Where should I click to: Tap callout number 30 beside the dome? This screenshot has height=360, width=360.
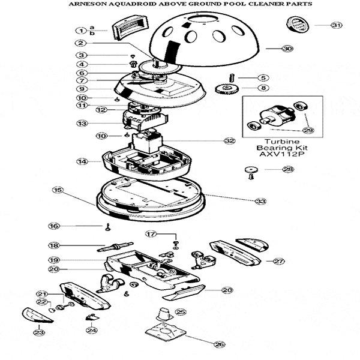coord(287,49)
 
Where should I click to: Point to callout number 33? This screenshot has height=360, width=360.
coord(260,201)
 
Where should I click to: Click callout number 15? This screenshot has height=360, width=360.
coord(58,190)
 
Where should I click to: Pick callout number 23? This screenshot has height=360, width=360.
coord(39,331)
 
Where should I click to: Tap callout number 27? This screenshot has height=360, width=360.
coord(278,261)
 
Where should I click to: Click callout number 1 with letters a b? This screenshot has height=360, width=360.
coord(81,30)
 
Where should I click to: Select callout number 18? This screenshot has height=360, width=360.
coord(54,245)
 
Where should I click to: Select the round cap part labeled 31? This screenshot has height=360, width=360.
coord(298,25)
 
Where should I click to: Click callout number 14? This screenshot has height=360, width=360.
coord(81,161)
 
